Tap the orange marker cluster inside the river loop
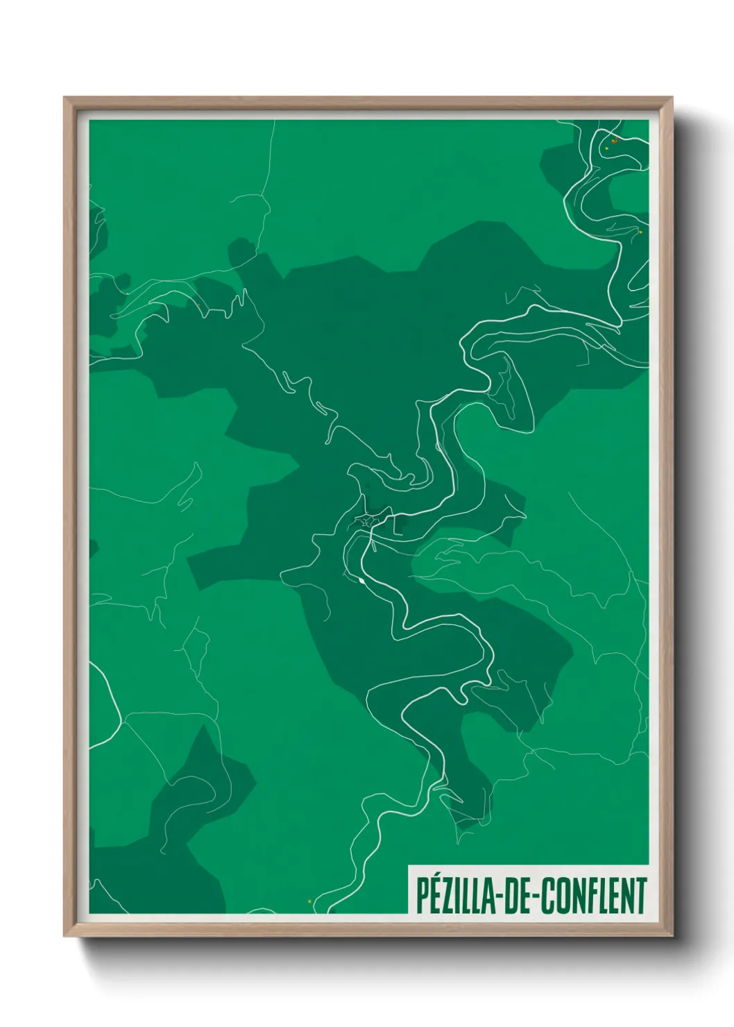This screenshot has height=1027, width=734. pyautogui.click(x=614, y=141)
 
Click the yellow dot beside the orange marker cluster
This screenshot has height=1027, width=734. pyautogui.click(x=607, y=148)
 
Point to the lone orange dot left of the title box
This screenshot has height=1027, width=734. pyautogui.click(x=309, y=901)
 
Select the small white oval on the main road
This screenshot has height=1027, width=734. pyautogui.click(x=362, y=580)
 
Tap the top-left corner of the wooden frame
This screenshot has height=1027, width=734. pyautogui.click(x=65, y=98)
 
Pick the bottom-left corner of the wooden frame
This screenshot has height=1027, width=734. pyautogui.click(x=65, y=935)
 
